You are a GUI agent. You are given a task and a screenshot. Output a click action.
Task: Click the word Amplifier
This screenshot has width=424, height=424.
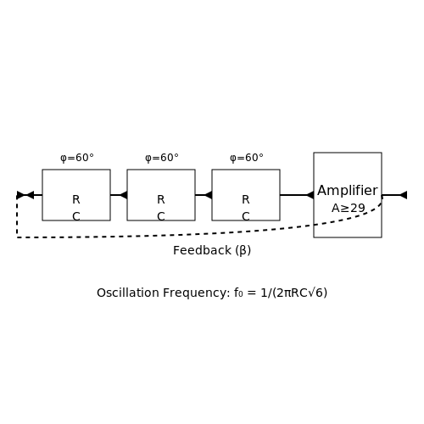click(348, 191)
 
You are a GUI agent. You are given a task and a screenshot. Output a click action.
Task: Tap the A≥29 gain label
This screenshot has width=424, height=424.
click(349, 209)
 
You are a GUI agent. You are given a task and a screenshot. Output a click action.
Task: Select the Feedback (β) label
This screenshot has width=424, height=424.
click(212, 250)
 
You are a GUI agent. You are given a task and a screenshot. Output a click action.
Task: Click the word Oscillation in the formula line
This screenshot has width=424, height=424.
click(128, 293)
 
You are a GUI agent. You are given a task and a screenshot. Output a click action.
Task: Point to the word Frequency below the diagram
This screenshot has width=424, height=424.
click(197, 293)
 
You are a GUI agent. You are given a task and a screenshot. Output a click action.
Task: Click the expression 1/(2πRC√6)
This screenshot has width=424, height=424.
click(294, 293)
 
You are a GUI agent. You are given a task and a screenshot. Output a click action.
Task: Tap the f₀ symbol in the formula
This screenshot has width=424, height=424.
click(238, 293)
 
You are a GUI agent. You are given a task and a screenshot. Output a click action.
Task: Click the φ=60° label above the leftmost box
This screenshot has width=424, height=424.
click(77, 158)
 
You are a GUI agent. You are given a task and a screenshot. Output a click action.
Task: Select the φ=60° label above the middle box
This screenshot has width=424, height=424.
click(162, 158)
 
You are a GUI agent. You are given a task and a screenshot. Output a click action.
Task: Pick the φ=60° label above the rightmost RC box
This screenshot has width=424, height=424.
click(247, 158)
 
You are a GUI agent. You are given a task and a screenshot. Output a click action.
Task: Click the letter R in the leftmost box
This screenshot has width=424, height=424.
click(76, 199)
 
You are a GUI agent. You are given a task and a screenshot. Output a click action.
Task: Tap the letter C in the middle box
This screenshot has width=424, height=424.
click(161, 216)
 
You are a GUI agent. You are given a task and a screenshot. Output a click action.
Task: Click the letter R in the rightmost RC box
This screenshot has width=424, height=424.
click(246, 199)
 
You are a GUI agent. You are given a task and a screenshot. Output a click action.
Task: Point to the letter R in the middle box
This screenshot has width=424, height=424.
click(161, 199)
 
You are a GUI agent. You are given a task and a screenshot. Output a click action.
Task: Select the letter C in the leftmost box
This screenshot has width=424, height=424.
click(76, 216)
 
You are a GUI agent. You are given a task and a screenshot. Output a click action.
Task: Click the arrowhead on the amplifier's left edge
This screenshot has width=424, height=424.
click(310, 195)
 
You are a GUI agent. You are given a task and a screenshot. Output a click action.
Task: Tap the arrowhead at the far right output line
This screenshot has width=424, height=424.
click(404, 195)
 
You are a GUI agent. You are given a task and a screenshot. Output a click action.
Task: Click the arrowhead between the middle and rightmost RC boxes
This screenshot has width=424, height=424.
click(209, 195)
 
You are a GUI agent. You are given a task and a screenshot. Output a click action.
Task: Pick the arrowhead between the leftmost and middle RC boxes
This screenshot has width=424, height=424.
click(124, 195)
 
